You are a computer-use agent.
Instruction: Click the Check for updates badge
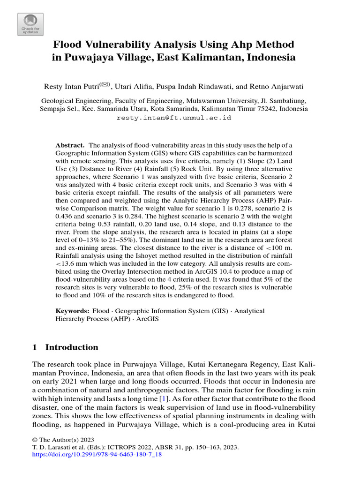[30, 24]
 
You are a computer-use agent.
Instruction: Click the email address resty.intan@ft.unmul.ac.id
[174, 118]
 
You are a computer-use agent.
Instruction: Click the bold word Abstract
[70, 145]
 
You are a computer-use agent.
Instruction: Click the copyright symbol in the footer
[34, 440]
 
